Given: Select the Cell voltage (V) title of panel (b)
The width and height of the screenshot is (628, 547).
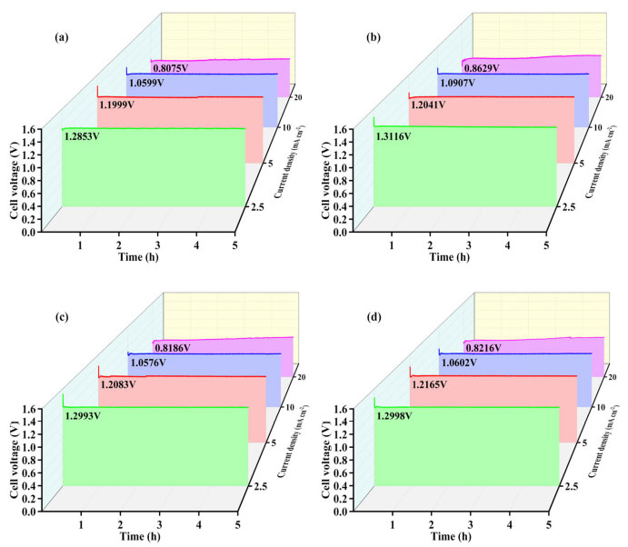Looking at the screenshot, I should click(325, 182).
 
